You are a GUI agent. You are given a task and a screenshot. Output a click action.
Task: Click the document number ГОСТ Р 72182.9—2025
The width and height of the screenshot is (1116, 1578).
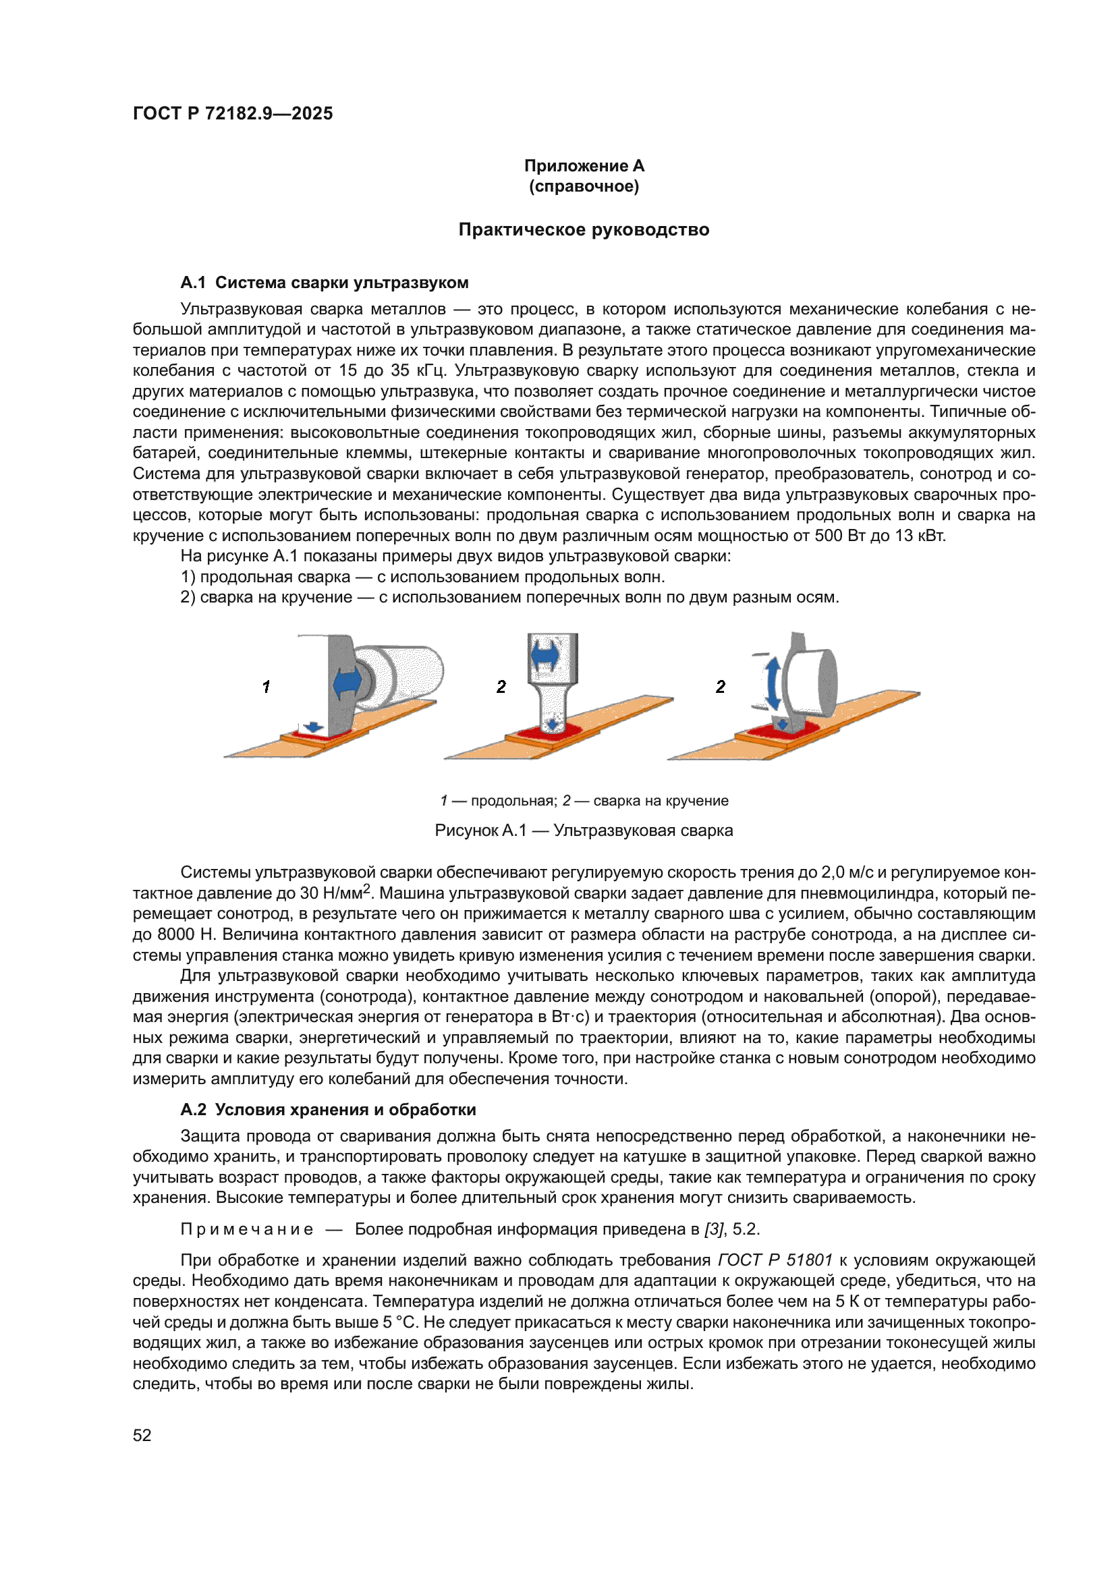tap(232, 113)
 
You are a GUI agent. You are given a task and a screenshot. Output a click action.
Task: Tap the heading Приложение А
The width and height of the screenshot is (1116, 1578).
tap(584, 166)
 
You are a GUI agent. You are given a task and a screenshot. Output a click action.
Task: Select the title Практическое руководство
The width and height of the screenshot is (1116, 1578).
tap(584, 229)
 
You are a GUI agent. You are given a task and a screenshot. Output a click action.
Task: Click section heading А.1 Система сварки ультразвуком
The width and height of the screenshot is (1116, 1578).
tap(325, 283)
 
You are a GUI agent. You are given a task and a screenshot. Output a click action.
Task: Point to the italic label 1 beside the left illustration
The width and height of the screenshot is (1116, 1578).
tap(266, 686)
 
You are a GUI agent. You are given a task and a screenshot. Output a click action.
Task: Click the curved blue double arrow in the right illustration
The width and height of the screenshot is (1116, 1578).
tap(773, 683)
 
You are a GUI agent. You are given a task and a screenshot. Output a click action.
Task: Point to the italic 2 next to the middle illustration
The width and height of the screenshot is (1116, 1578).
tap(501, 686)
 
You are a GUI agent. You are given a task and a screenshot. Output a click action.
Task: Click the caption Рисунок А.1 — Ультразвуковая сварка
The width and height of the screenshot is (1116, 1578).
tap(584, 830)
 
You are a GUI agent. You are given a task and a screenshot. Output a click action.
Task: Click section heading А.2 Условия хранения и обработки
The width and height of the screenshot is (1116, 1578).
tap(328, 1110)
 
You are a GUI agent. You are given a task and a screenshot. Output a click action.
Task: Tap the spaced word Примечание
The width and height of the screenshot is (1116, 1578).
tap(247, 1229)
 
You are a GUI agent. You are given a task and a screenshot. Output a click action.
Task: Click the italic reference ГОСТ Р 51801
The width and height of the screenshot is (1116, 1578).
tap(775, 1260)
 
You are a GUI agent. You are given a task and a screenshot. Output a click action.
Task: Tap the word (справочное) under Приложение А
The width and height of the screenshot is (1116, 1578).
tap(584, 186)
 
